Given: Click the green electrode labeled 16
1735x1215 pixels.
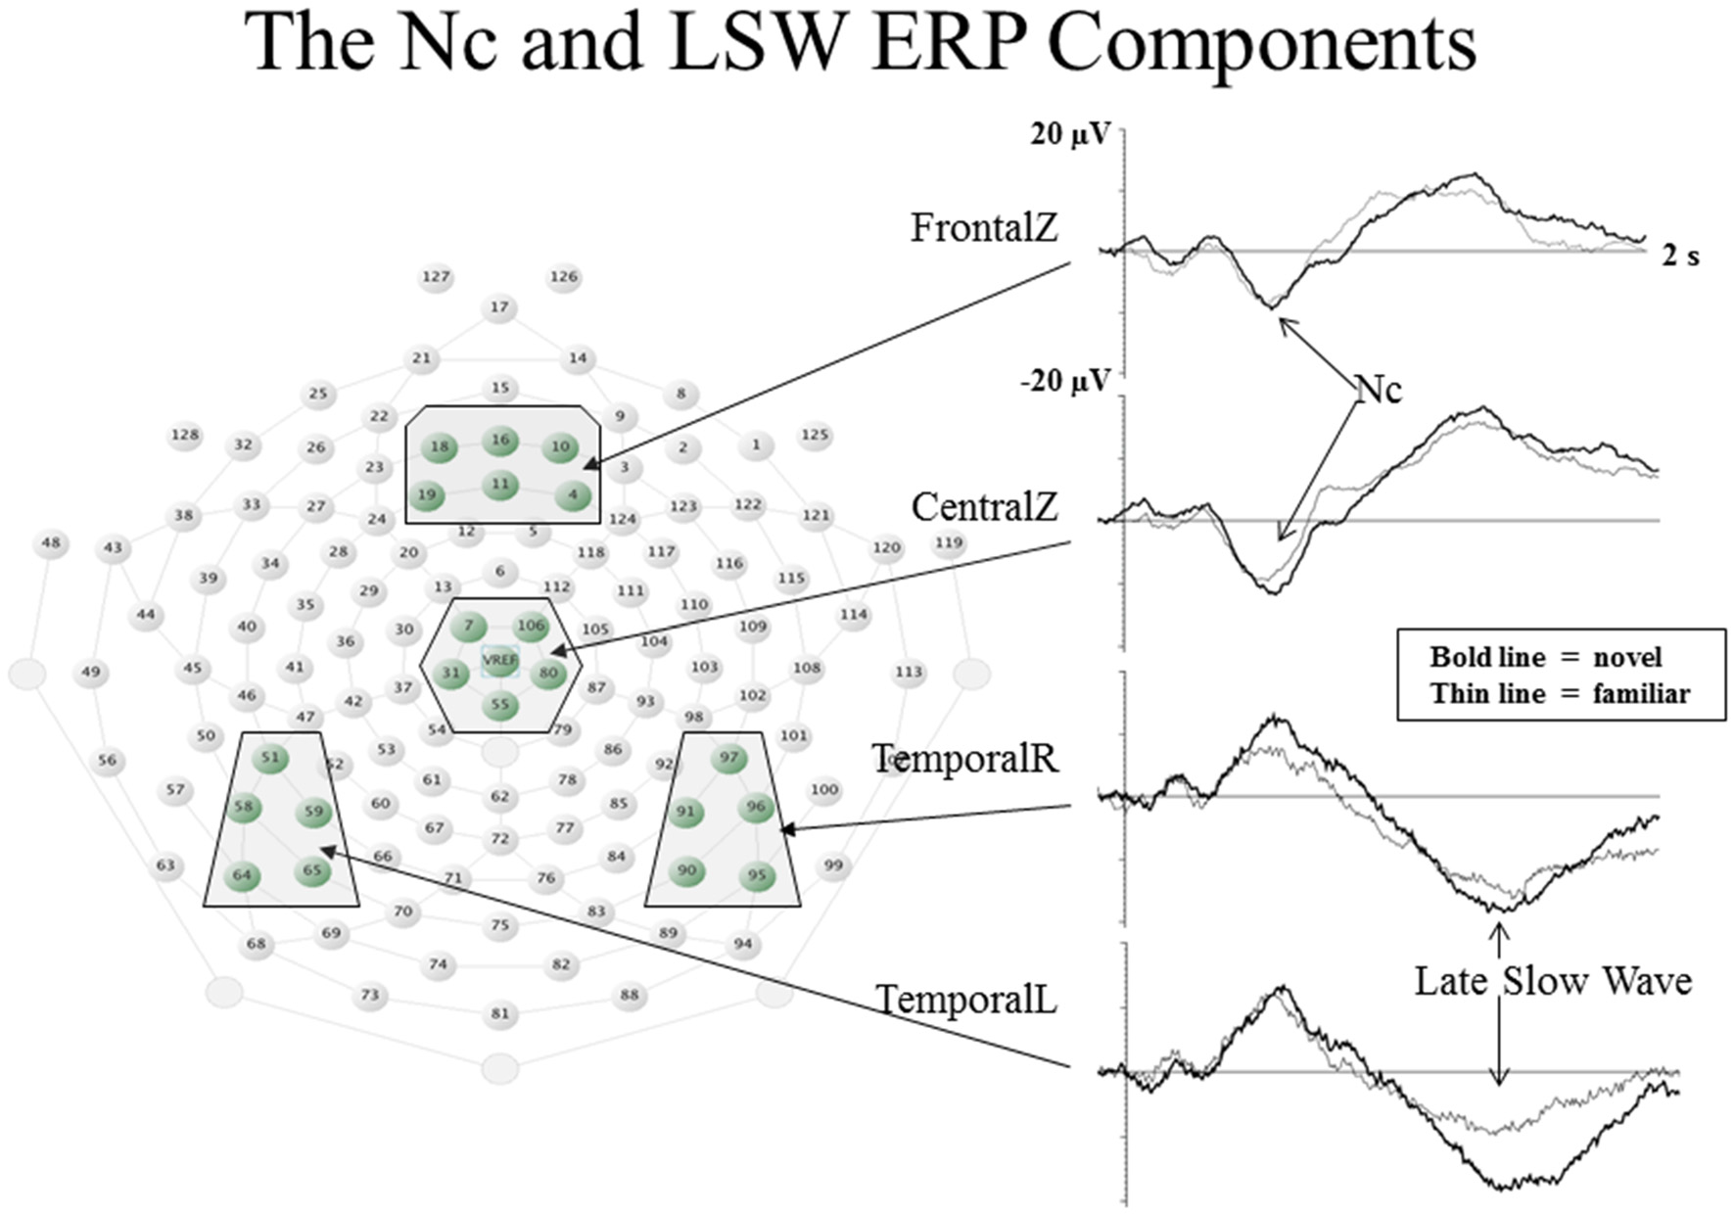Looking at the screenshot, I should pyautogui.click(x=500, y=441).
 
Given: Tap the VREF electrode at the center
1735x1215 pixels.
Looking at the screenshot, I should pyautogui.click(x=500, y=660).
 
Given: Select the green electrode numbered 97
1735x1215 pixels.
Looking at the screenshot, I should pyautogui.click(x=728, y=758).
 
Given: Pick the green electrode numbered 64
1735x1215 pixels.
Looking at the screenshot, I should pyautogui.click(x=242, y=875).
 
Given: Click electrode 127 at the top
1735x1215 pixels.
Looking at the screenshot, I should pyautogui.click(x=436, y=277).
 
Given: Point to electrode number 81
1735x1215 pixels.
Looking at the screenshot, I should pyautogui.click(x=500, y=1013).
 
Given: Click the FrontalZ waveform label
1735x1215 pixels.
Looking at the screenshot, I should pyautogui.click(x=984, y=228).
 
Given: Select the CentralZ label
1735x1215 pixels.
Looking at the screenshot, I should pyautogui.click(x=984, y=507).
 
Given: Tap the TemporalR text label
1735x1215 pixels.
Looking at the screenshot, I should pyautogui.click(x=965, y=759).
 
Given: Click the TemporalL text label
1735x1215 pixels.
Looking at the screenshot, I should pyautogui.click(x=965, y=1001).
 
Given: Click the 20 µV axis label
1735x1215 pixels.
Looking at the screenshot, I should pyautogui.click(x=1069, y=135).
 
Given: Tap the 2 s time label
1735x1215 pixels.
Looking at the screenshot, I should pyautogui.click(x=1680, y=257).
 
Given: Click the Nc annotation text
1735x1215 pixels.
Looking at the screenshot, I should pyautogui.click(x=1379, y=390).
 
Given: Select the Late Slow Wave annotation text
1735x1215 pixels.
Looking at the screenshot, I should pyautogui.click(x=1553, y=981).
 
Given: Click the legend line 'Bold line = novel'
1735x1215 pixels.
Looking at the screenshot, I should pyautogui.click(x=1545, y=657).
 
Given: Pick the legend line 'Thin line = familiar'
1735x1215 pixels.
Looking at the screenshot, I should pyautogui.click(x=1559, y=694).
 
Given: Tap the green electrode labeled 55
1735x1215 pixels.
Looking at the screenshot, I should pyautogui.click(x=500, y=705).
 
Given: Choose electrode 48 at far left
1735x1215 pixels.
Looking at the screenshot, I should pyautogui.click(x=51, y=543).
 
